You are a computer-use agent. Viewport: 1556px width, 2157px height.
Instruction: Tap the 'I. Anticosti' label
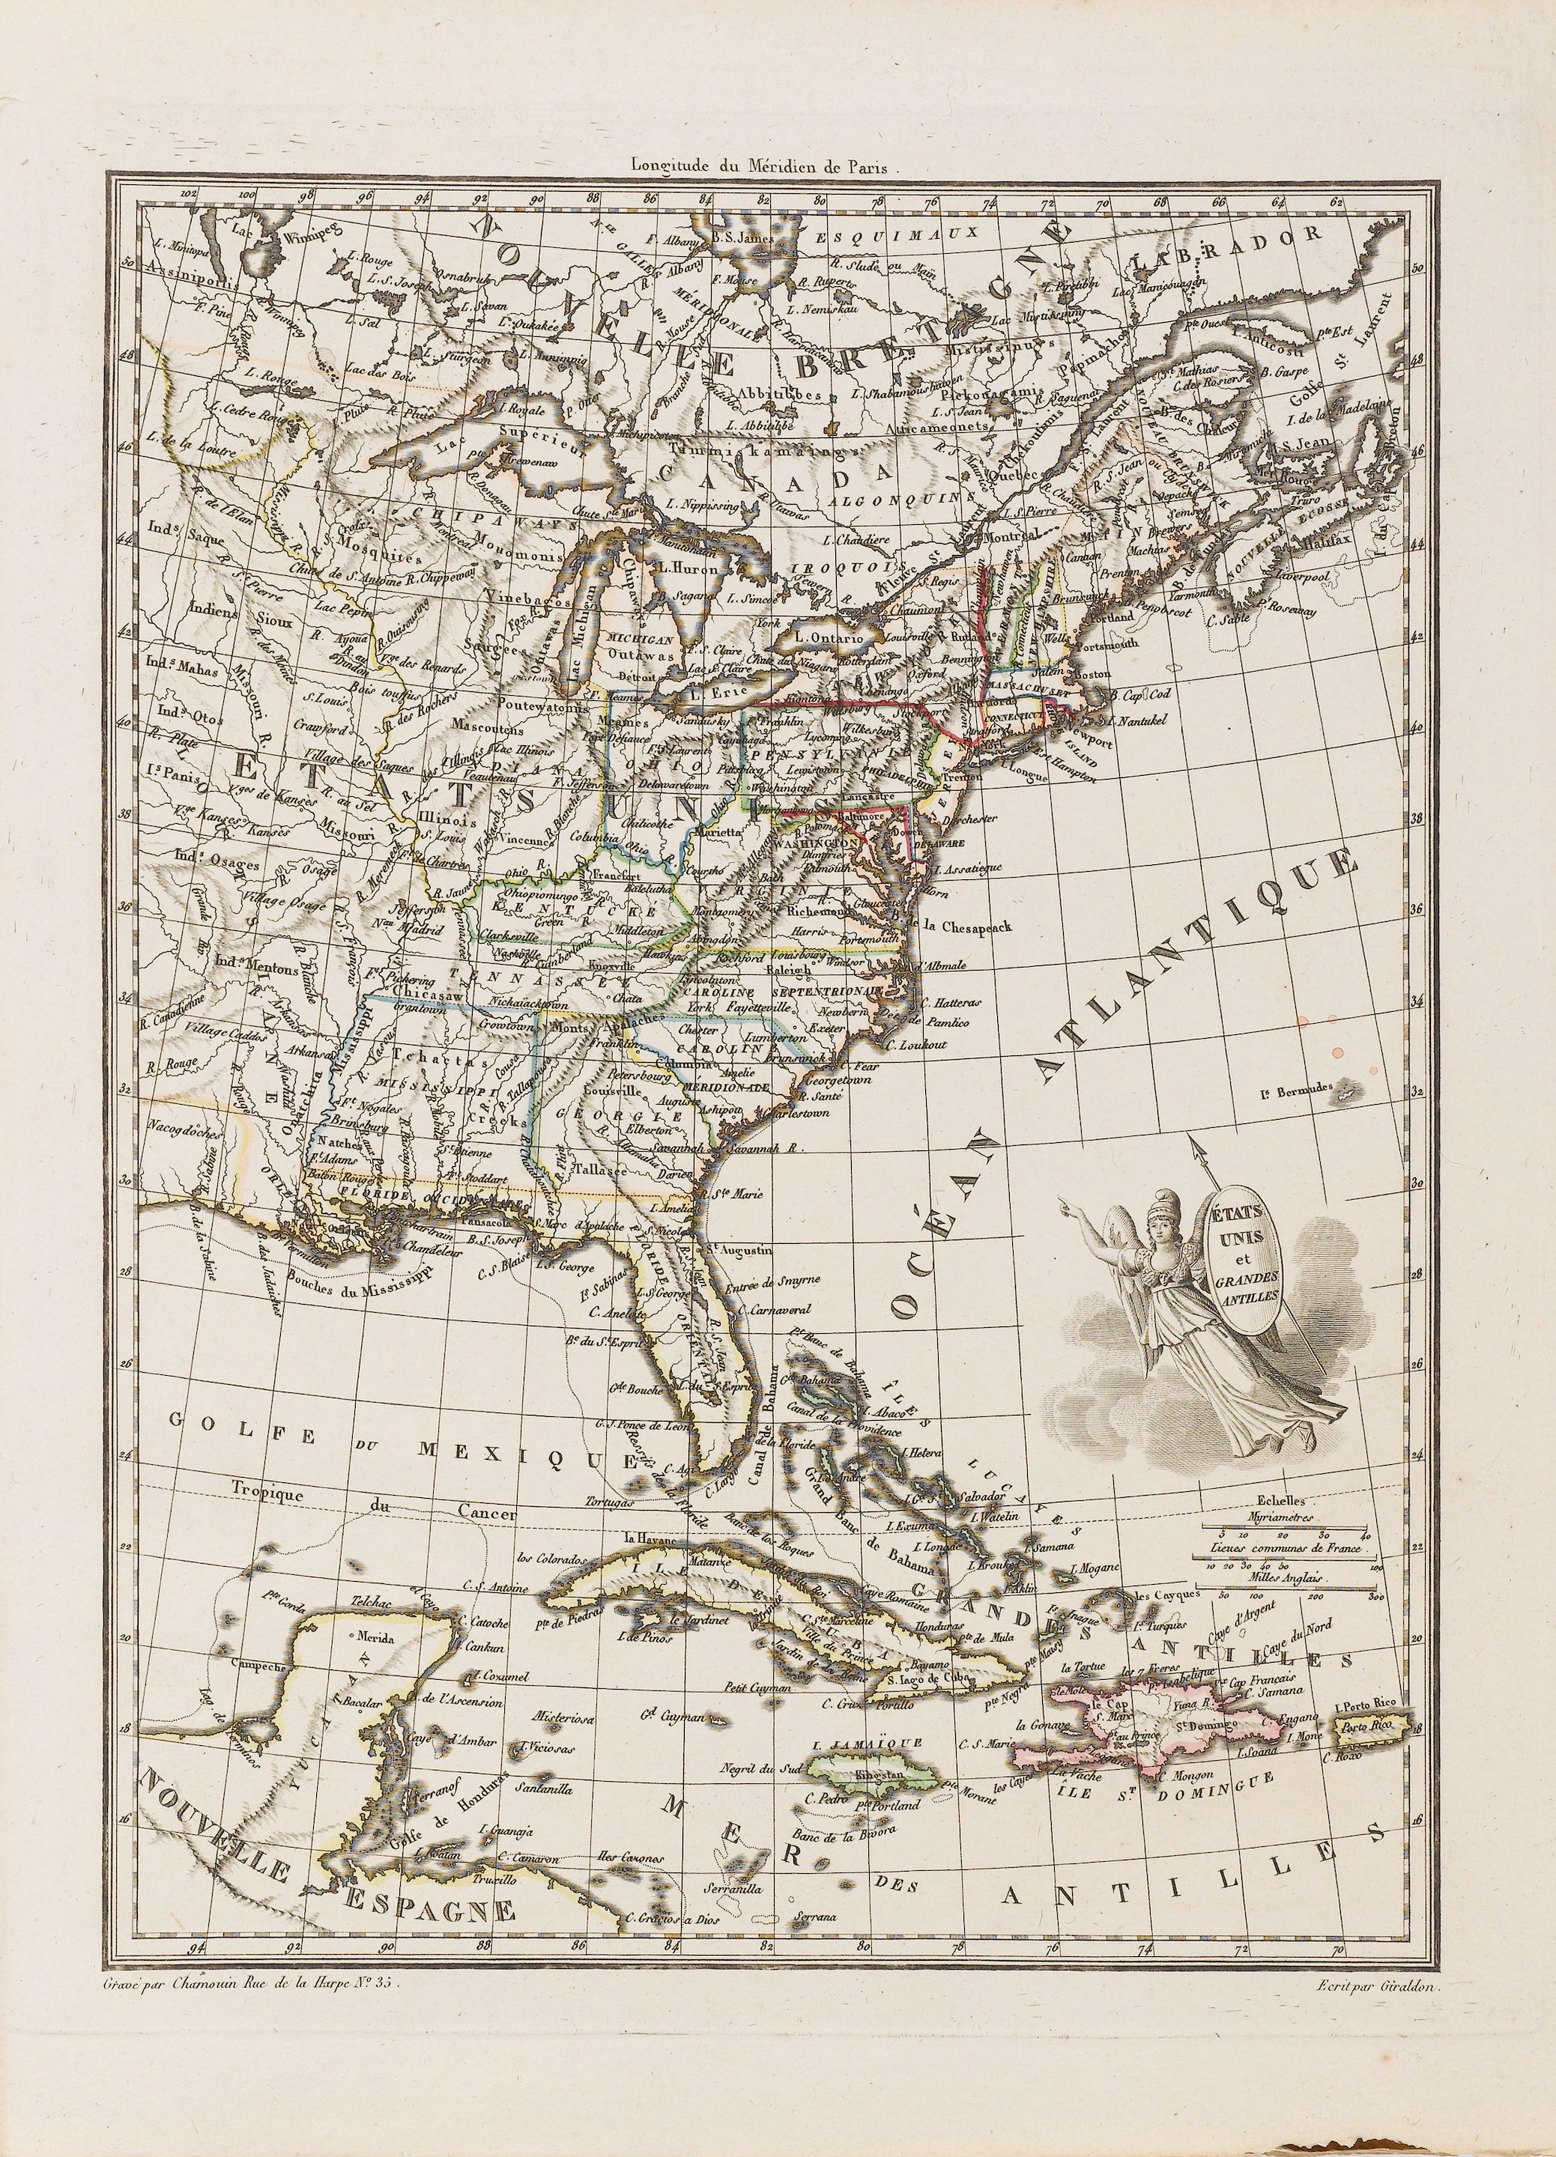1266,335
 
